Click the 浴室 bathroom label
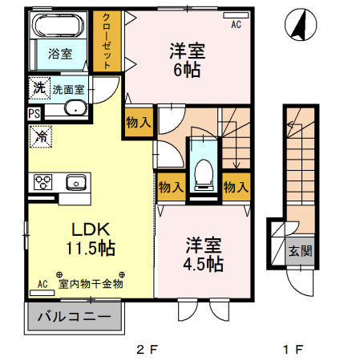click(x=59, y=54)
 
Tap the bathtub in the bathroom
click(x=59, y=26)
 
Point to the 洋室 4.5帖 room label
click(x=204, y=253)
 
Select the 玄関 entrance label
click(x=301, y=249)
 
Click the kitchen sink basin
click(x=75, y=182)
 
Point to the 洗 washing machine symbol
click(x=39, y=87)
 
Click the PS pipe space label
click(x=34, y=113)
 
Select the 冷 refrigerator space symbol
click(x=40, y=137)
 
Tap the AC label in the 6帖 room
click(x=237, y=25)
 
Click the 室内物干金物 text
click(x=91, y=283)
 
